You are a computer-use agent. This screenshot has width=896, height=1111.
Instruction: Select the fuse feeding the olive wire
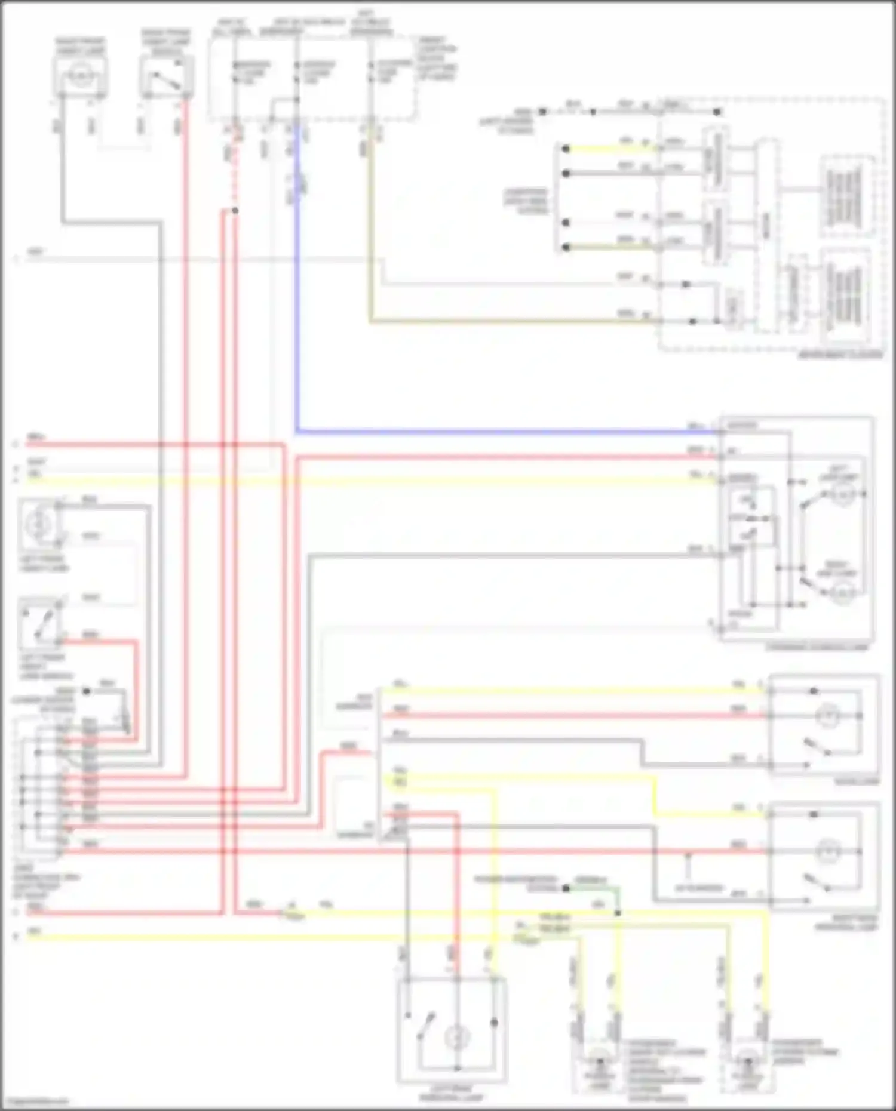click(x=370, y=74)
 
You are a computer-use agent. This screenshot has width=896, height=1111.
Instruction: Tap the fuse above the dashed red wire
click(x=235, y=74)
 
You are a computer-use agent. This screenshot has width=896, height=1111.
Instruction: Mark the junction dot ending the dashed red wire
click(x=235, y=211)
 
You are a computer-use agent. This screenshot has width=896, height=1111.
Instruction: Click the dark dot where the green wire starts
click(x=564, y=888)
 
